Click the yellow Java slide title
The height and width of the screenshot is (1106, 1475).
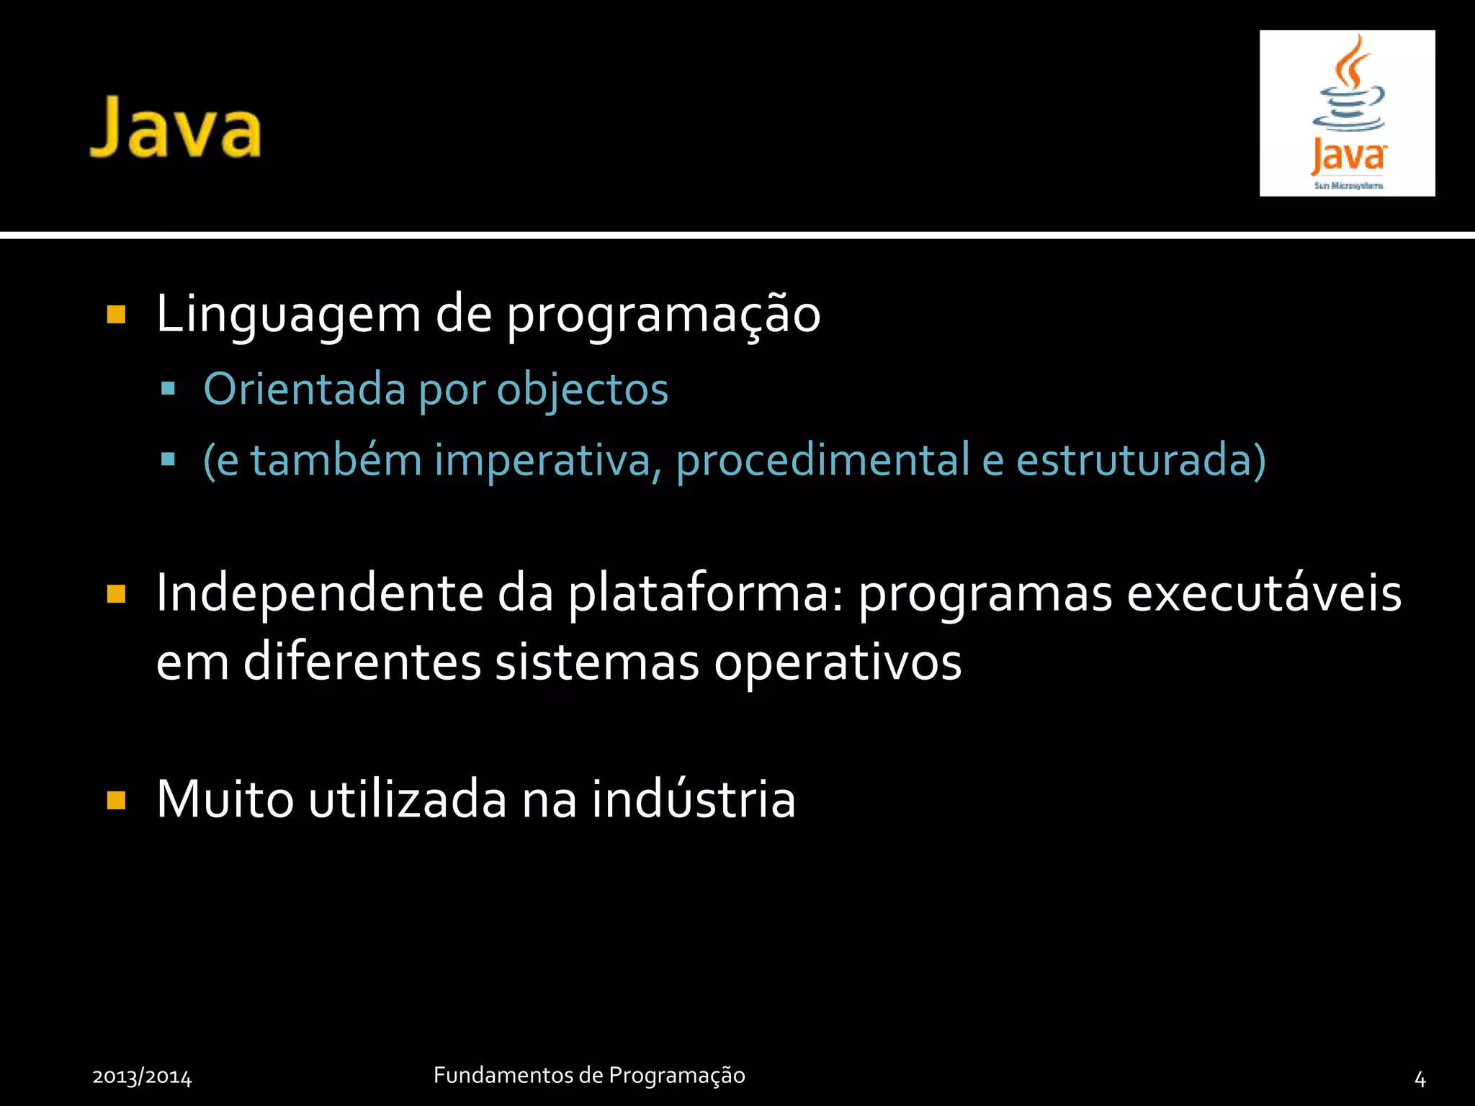pyautogui.click(x=175, y=128)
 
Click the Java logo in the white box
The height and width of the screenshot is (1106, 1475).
pyautogui.click(x=1348, y=113)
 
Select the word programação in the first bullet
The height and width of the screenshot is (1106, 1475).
pyautogui.click(x=663, y=315)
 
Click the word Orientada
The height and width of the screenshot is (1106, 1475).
pyautogui.click(x=305, y=389)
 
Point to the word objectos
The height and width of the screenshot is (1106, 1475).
pyautogui.click(x=583, y=389)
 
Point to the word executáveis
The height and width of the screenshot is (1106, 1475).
pyautogui.click(x=1264, y=593)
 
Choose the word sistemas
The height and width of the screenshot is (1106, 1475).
pyautogui.click(x=597, y=662)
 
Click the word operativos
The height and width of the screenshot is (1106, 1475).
pyautogui.click(x=838, y=662)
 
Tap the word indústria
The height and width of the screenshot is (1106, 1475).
pyautogui.click(x=694, y=799)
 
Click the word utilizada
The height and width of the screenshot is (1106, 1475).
pyautogui.click(x=408, y=799)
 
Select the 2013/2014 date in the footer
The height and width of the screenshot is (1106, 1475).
pyautogui.click(x=142, y=1077)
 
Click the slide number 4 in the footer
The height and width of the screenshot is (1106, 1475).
pyautogui.click(x=1420, y=1079)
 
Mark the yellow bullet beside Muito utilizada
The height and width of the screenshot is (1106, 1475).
pyautogui.click(x=116, y=801)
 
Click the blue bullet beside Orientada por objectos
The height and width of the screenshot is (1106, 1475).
pyautogui.click(x=169, y=390)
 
